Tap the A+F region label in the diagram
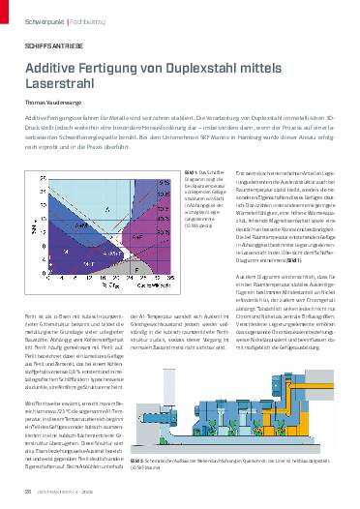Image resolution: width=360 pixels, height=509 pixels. point(137,236)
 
